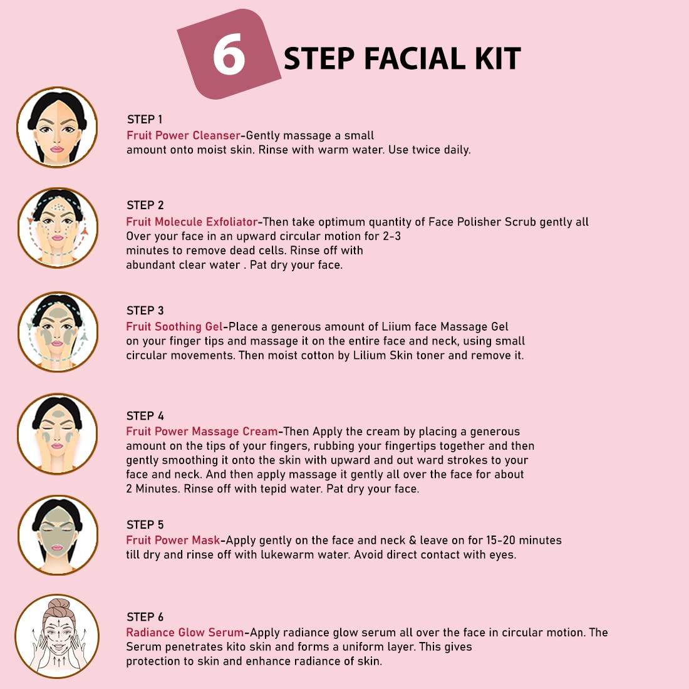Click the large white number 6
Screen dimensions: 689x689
(229, 54)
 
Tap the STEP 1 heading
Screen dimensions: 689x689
(145, 120)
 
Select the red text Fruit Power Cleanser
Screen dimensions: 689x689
(184, 135)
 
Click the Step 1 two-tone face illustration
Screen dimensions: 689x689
(57, 127)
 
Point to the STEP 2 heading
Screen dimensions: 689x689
(145, 205)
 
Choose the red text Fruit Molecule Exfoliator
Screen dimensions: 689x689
(192, 222)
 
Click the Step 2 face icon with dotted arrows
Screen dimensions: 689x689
(58, 227)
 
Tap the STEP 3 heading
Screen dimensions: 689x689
(145, 311)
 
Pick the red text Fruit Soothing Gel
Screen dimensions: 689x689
(175, 326)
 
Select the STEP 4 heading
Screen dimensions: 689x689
(145, 416)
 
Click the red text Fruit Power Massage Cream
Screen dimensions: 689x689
(202, 431)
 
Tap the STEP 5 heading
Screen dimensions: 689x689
(145, 525)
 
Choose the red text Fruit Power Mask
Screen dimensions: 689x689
(173, 540)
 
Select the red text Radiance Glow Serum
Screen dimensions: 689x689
(185, 633)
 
